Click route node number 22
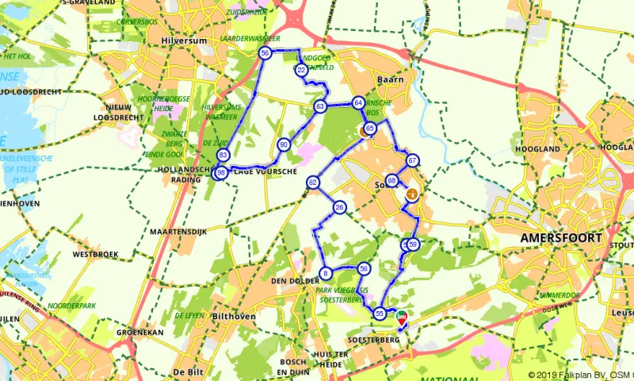[301, 71]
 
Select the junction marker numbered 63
[320, 106]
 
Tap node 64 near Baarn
[359, 103]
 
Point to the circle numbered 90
[284, 145]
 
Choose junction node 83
[223, 156]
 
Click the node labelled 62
[314, 183]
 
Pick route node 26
[340, 208]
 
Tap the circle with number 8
[325, 275]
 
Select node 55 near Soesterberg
[380, 314]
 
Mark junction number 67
[412, 161]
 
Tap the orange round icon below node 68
[411, 194]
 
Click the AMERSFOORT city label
[560, 237]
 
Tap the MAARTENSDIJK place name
[178, 232]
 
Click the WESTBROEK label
[95, 255]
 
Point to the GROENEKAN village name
[140, 333]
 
